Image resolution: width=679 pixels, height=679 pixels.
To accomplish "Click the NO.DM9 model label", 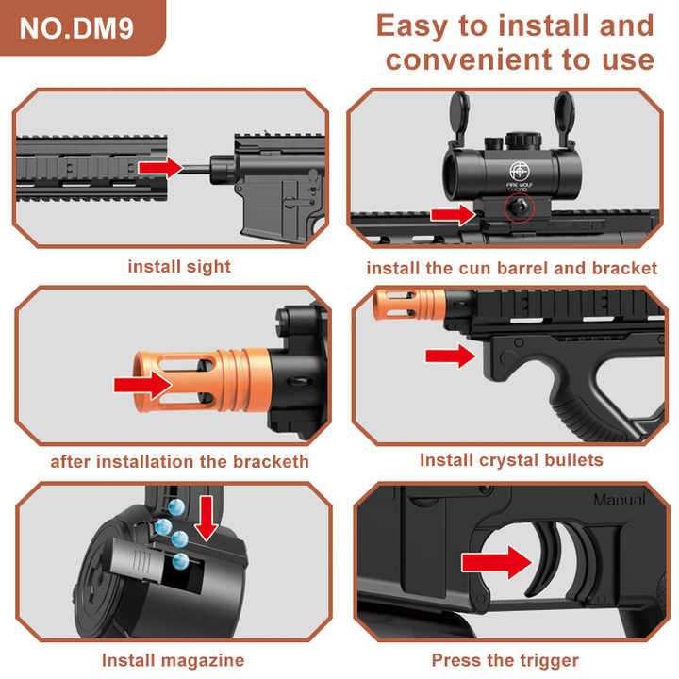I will (x=76, y=26).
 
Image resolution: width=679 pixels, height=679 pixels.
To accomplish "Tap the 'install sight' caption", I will (x=179, y=267).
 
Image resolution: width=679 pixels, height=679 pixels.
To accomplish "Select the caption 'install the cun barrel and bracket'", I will (x=511, y=269).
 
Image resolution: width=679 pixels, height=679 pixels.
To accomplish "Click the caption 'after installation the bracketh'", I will (x=179, y=462).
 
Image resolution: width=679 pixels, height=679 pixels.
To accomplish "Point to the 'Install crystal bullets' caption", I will (x=511, y=460).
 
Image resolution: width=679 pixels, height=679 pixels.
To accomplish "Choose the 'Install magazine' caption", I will (x=173, y=660).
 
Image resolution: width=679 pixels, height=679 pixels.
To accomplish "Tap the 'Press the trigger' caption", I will (x=505, y=660).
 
